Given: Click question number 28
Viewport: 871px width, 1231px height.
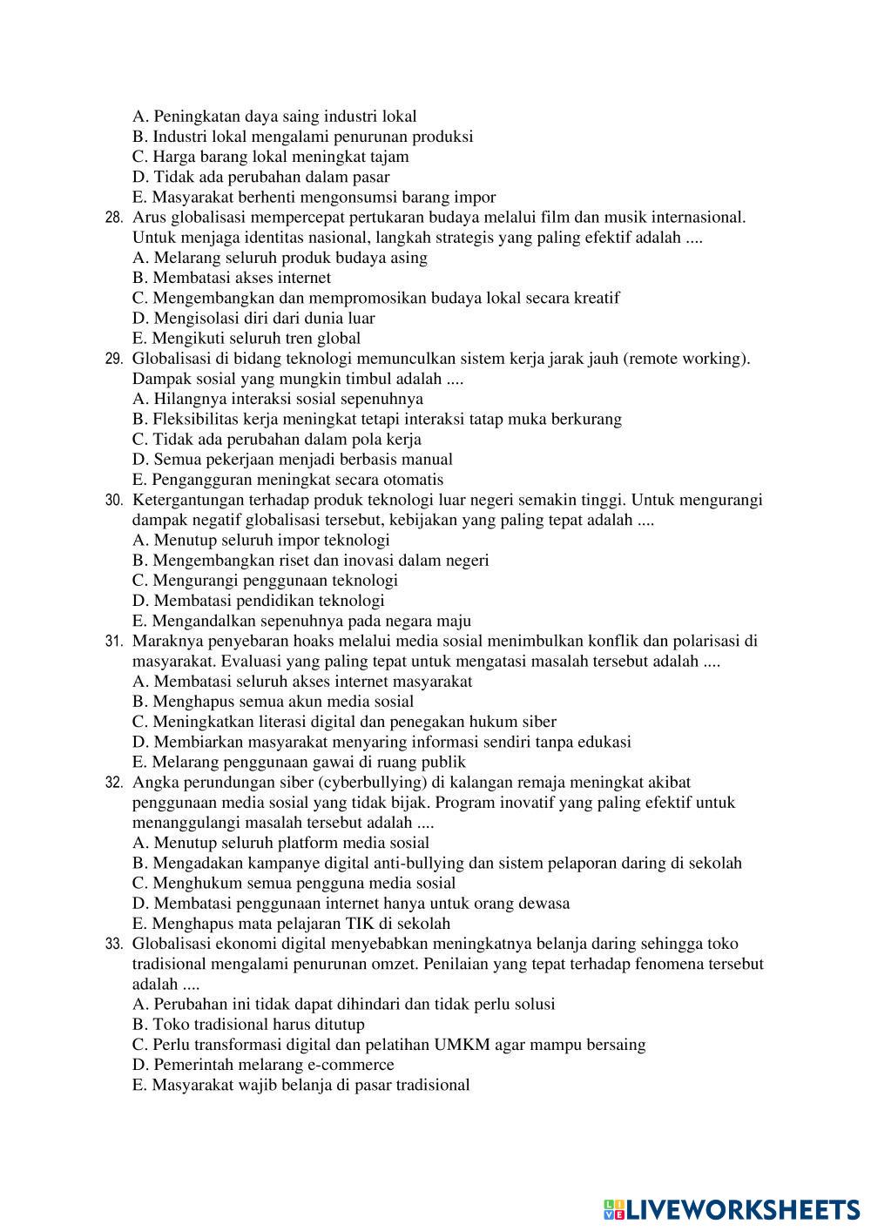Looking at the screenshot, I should click(x=113, y=218).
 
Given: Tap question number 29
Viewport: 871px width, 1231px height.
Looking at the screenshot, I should click(x=113, y=359).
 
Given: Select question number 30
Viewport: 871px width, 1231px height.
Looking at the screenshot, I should click(x=113, y=501).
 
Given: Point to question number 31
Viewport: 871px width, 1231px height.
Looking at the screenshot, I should click(x=113, y=642).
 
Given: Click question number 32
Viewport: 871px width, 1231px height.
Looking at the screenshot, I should click(x=113, y=783).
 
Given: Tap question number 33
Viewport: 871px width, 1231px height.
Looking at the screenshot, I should click(x=113, y=944).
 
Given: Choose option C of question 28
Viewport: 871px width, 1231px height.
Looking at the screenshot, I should click(x=375, y=298).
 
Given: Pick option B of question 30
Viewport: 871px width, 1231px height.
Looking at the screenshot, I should click(x=310, y=560).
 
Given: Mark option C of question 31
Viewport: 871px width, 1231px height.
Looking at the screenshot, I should click(x=344, y=722).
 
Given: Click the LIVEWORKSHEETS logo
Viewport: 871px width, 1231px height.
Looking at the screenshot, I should click(x=732, y=1209).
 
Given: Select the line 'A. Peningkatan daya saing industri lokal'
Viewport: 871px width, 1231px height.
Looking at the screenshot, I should click(x=274, y=116).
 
